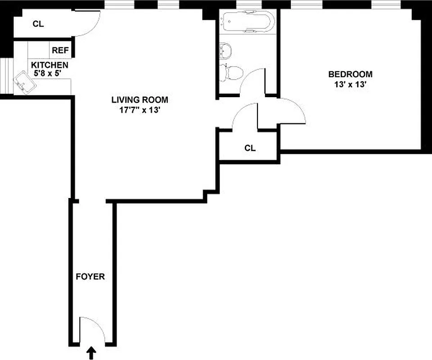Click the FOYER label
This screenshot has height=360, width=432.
click(90, 277)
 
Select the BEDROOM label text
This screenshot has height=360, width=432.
click(350, 74)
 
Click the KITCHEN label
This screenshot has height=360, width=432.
click(49, 65)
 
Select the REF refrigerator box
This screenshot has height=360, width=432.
click(60, 50)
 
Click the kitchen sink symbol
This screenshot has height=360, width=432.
click(23, 83)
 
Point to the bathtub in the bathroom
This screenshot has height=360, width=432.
click(247, 22)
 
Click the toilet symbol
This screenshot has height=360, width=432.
click(232, 72)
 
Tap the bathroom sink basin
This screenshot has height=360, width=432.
click(225, 50)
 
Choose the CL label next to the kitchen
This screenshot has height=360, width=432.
click(38, 24)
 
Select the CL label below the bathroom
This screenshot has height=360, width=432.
click(250, 148)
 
